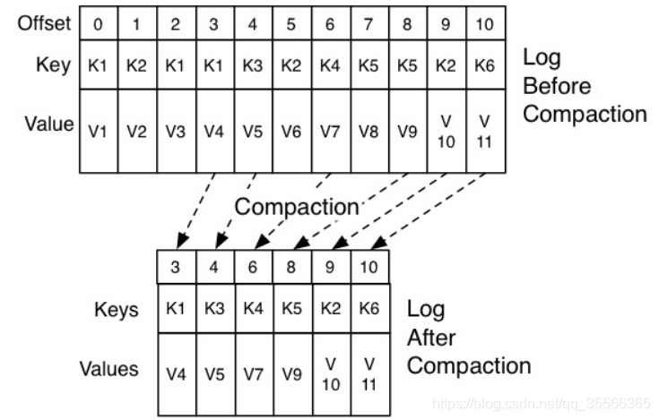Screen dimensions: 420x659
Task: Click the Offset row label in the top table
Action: click(44, 24)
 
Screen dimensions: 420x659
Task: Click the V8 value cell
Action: click(369, 131)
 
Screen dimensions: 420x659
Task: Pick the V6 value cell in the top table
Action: click(291, 131)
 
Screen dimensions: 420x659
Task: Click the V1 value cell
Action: click(98, 131)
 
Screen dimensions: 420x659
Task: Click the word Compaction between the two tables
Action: click(296, 207)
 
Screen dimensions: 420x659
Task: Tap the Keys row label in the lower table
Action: click(117, 310)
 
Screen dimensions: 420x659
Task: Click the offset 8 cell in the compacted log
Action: click(292, 268)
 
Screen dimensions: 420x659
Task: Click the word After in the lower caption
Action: click(431, 338)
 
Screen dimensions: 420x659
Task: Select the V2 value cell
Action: click(136, 131)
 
